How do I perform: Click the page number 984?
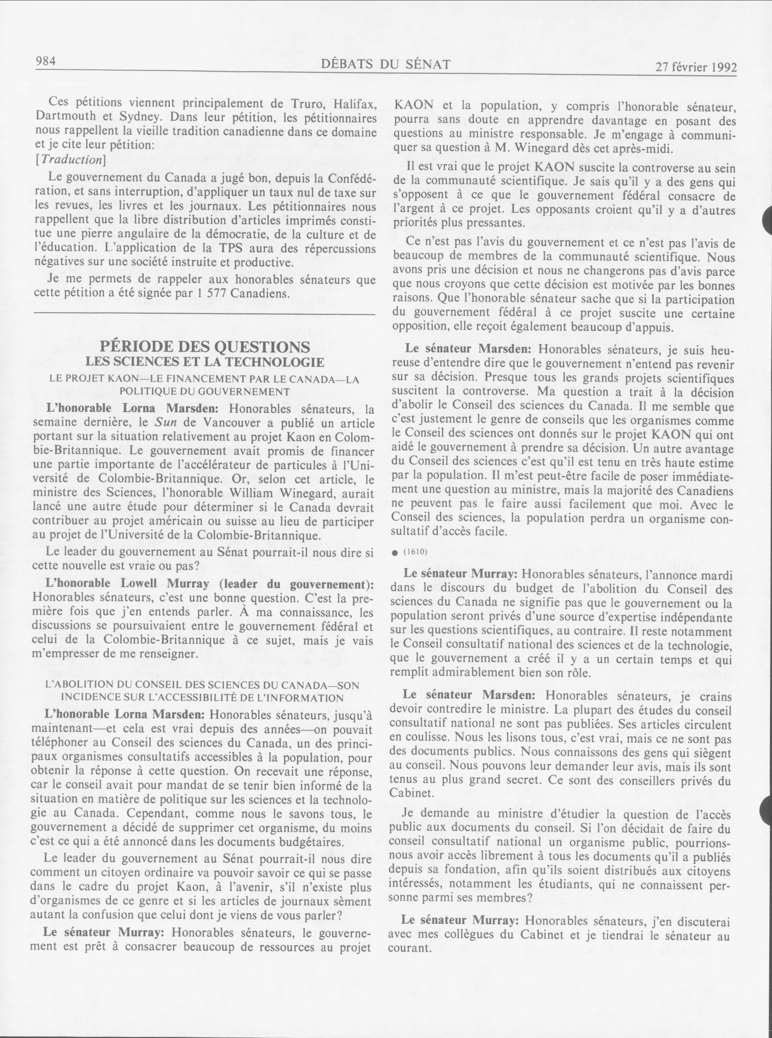pos(46,61)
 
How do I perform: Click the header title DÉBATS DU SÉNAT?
pos(386,64)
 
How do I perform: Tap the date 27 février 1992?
pos(696,67)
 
